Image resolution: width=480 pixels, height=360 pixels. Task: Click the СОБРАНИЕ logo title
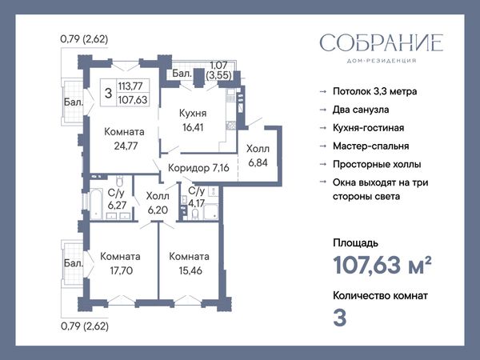click(x=382, y=42)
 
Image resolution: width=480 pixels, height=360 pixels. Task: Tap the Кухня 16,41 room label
click(x=193, y=120)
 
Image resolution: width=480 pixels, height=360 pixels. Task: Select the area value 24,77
click(x=126, y=146)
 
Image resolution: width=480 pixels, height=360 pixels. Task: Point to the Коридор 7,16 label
click(x=198, y=168)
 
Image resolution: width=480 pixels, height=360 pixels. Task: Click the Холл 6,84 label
click(x=258, y=155)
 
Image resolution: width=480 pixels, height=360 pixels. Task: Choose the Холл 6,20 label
click(x=158, y=202)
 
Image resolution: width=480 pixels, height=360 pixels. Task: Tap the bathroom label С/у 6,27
click(x=117, y=199)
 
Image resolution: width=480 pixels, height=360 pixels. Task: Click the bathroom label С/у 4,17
click(x=196, y=197)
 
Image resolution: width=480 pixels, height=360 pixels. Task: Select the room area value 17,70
click(x=122, y=270)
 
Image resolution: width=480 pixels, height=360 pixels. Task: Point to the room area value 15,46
click(x=190, y=270)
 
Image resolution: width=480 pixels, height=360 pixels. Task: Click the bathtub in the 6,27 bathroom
click(x=96, y=204)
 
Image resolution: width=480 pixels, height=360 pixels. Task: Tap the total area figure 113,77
click(x=130, y=86)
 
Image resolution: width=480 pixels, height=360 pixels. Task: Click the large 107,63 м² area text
click(x=382, y=265)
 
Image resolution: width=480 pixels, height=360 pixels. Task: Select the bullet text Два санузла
click(x=361, y=110)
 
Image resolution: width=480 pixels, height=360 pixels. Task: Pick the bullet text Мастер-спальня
click(x=371, y=146)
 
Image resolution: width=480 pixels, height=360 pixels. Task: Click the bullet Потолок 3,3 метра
click(x=375, y=91)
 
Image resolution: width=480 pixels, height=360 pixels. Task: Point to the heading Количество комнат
click(x=381, y=296)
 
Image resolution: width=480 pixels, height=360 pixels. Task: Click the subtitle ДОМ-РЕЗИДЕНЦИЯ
click(x=382, y=61)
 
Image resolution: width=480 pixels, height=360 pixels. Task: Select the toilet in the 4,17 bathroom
click(x=195, y=214)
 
